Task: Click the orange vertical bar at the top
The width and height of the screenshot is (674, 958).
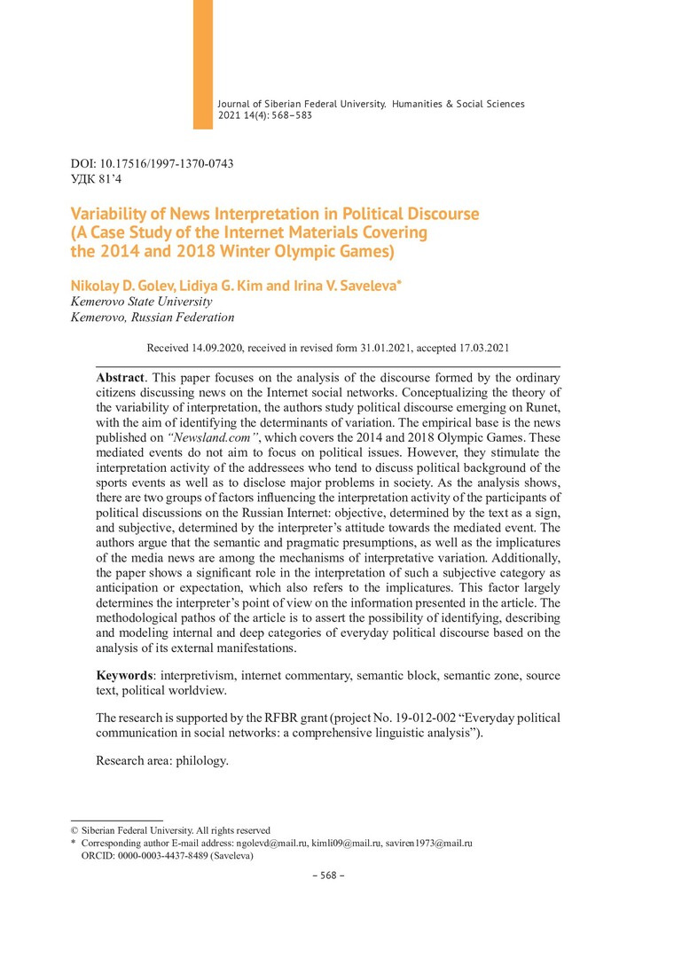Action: coord(203,62)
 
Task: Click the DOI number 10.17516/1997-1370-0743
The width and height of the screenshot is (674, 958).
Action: coord(168,164)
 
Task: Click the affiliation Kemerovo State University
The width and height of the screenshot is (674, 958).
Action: coord(141,302)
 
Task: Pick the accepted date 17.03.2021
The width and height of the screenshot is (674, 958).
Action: coord(478,349)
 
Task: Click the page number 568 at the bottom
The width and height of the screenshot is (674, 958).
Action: coord(328,876)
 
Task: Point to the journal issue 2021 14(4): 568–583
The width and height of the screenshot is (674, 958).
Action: coord(265,115)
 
